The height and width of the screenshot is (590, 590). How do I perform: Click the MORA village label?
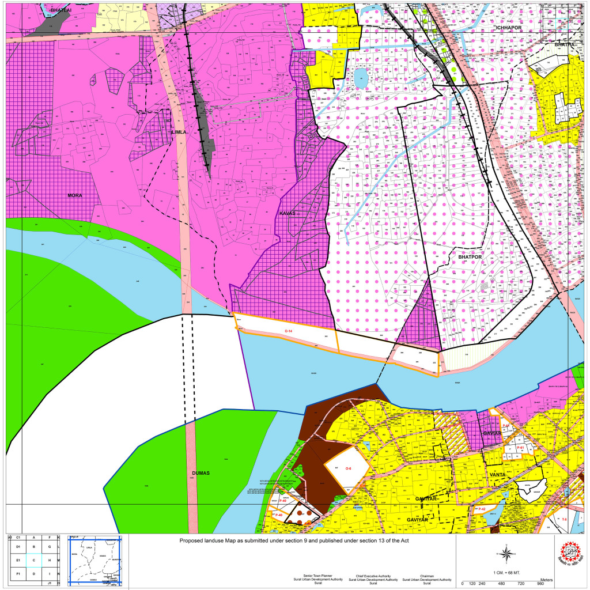tap(74, 195)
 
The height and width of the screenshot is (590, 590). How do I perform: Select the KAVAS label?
tap(286, 213)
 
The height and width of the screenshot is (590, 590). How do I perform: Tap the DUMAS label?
tap(201, 473)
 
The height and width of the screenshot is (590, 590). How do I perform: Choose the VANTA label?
tap(497, 474)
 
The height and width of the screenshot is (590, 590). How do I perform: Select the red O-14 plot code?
tap(289, 331)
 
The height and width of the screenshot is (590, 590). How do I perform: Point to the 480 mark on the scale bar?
tap(502, 584)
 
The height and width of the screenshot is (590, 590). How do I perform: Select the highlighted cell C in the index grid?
tap(34, 559)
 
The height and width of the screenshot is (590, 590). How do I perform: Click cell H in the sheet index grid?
tap(50, 559)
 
